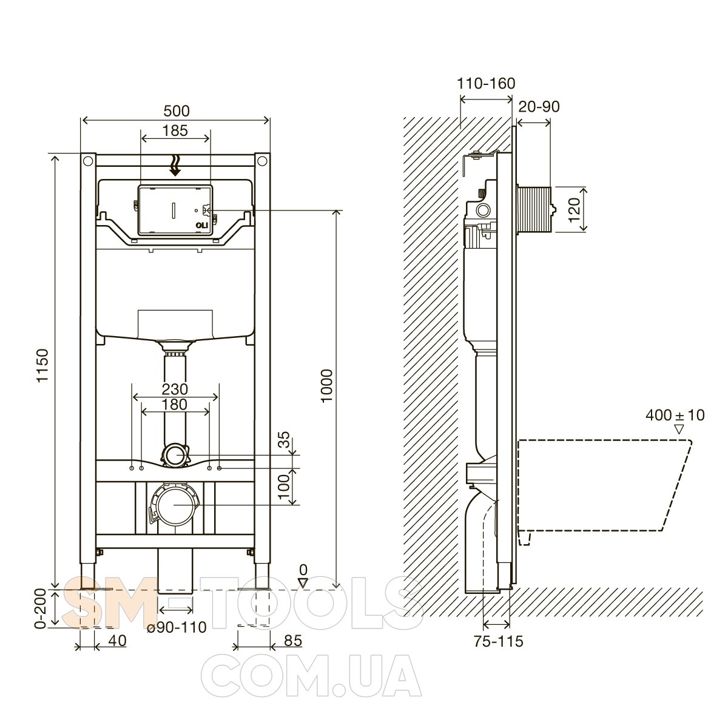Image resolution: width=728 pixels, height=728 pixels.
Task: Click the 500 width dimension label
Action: click(177, 110)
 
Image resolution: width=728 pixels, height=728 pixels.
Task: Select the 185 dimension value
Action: click(175, 130)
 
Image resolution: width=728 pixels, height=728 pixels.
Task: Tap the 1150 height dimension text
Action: click(43, 365)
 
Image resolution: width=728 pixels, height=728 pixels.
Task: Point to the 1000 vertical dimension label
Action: click(326, 386)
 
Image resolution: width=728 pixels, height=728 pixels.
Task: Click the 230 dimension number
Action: click(175, 389)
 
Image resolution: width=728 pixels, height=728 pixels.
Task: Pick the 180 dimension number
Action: click(175, 405)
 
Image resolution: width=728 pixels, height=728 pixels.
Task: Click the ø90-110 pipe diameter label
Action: click(177, 627)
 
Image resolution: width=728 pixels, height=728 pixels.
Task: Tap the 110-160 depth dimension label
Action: click(486, 84)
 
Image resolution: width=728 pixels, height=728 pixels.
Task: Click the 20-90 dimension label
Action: click(539, 107)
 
